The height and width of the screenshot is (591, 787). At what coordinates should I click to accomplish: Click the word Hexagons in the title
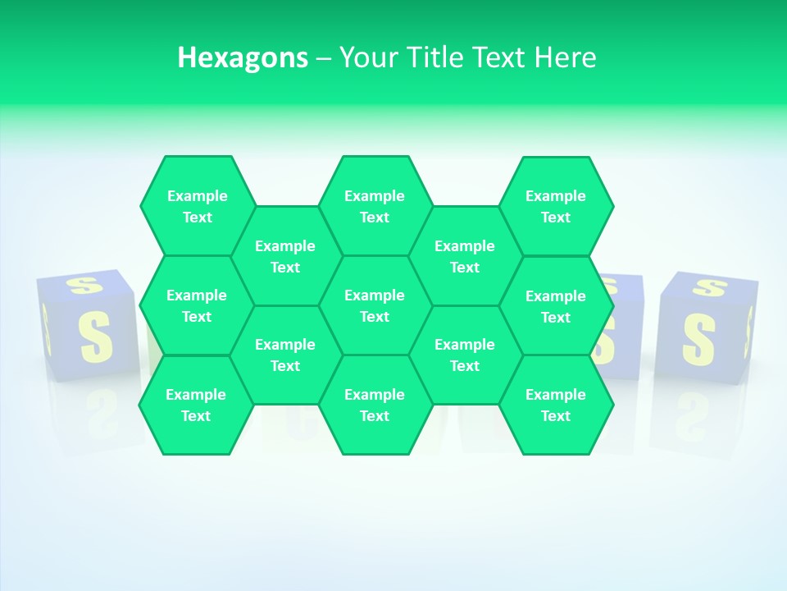243,57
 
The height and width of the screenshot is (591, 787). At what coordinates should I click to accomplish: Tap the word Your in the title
367,57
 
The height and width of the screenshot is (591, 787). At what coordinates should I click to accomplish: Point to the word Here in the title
565,57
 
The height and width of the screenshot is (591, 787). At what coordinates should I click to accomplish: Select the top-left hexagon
197,206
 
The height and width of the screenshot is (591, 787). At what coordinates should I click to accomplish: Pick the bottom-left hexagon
196,405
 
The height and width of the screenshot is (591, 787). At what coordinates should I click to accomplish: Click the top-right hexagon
556,206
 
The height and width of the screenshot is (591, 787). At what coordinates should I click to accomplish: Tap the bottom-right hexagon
556,405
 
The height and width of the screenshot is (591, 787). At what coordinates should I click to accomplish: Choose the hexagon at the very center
375,305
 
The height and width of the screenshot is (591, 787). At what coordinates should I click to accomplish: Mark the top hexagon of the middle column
375,206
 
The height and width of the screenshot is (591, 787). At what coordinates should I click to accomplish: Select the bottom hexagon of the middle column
375,405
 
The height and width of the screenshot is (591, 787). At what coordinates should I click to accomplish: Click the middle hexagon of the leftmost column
197,305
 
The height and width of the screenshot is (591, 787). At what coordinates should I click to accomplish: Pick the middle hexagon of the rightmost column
556,306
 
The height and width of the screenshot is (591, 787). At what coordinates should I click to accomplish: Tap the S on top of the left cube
83,285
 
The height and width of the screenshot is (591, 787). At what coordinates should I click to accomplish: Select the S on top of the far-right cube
710,287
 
